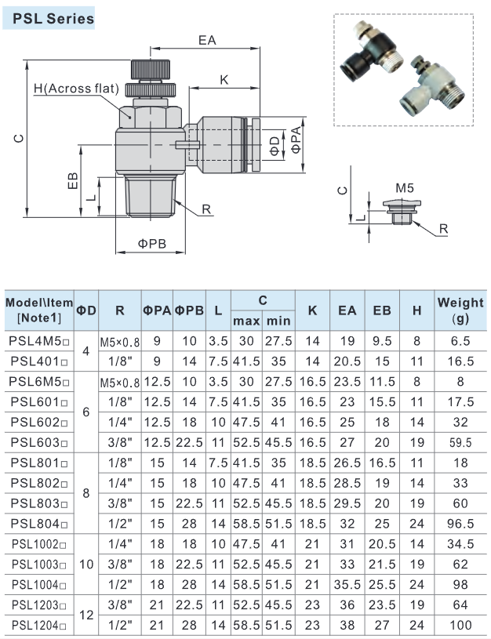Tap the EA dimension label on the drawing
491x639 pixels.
pyautogui.click(x=207, y=40)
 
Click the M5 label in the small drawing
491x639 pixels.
pyautogui.click(x=404, y=189)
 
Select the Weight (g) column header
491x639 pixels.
pyautogui.click(x=460, y=310)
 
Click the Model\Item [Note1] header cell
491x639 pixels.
pyautogui.click(x=38, y=310)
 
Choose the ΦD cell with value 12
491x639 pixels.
pyautogui.click(x=86, y=615)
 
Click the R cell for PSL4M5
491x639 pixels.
pyautogui.click(x=119, y=342)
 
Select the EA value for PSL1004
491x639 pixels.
pyautogui.click(x=346, y=584)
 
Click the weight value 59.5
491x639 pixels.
pyautogui.click(x=460, y=442)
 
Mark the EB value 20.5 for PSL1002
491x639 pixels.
pyautogui.click(x=382, y=543)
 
